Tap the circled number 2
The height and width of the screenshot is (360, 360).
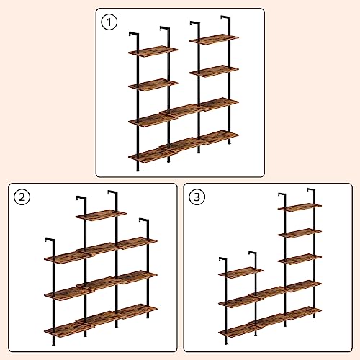tap(22, 197)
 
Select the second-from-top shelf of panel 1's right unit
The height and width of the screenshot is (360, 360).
tap(215, 71)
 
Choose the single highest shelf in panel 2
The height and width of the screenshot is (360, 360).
tap(100, 215)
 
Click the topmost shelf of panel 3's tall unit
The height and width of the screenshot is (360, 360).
tap(299, 207)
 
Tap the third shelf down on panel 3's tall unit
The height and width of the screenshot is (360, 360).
tap(299, 258)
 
